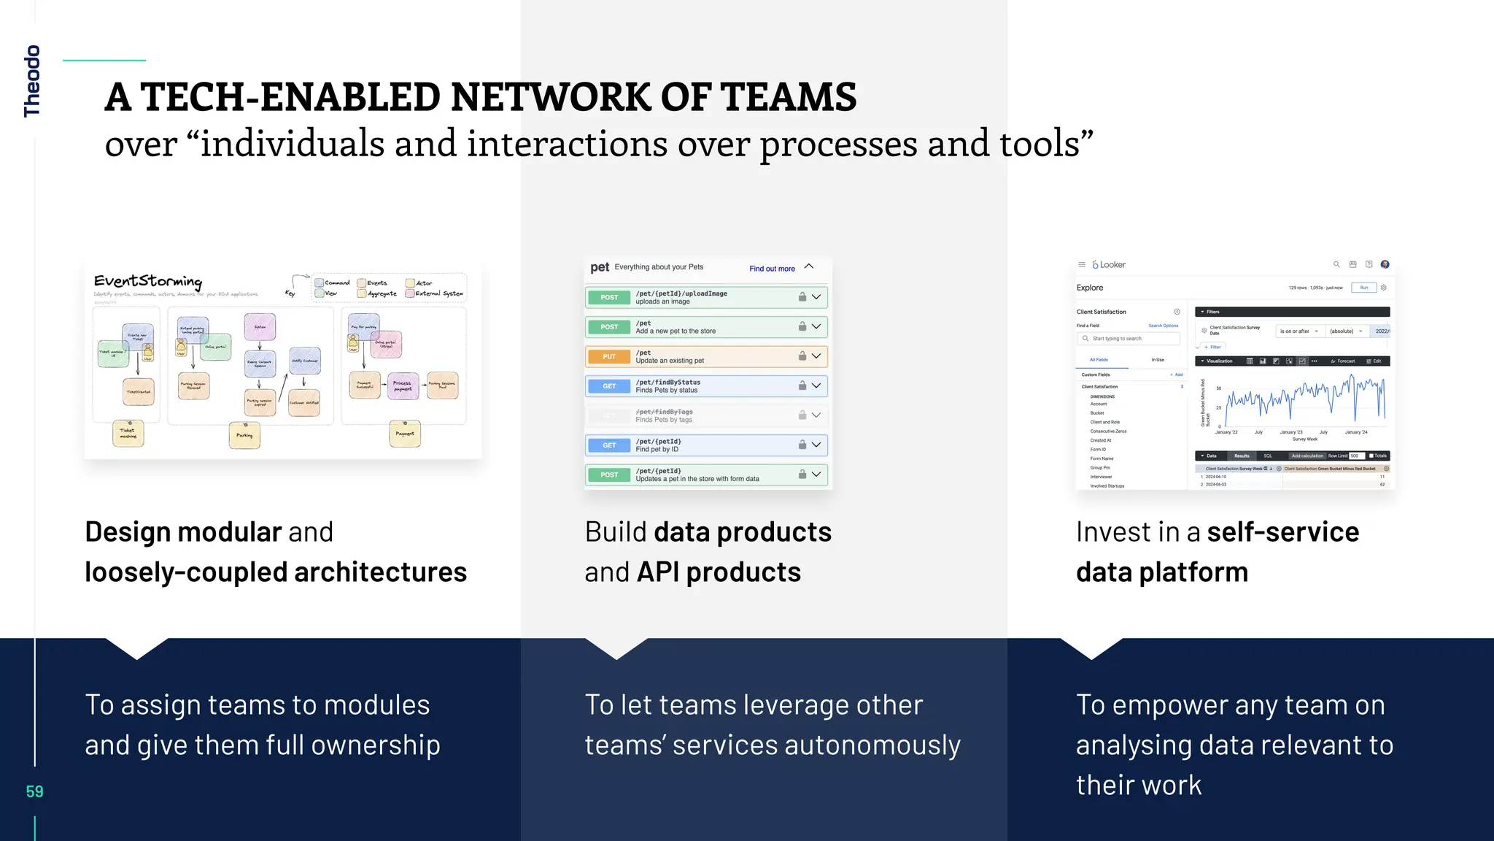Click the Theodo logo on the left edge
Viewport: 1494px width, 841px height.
click(32, 81)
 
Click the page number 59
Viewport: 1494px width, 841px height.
click(34, 791)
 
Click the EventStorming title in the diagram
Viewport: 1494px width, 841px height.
click(148, 281)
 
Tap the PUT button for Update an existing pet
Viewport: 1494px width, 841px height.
click(609, 356)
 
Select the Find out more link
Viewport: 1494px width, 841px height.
click(772, 269)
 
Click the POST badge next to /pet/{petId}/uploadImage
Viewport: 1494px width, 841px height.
click(609, 297)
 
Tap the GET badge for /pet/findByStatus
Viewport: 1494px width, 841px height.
click(609, 386)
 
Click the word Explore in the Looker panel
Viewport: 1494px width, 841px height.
click(1090, 288)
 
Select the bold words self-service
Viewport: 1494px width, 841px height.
click(1282, 531)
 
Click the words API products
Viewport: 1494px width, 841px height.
click(719, 572)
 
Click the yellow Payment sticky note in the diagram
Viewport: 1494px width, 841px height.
click(405, 434)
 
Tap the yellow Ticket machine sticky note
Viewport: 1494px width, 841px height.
click(128, 434)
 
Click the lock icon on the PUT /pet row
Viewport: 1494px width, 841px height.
click(802, 356)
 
